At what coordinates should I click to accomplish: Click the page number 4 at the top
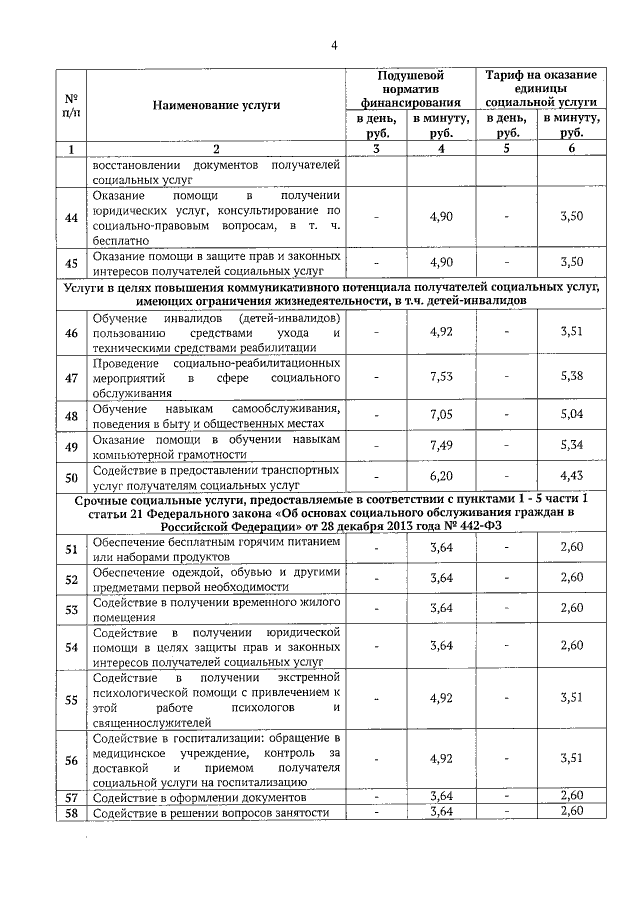click(335, 45)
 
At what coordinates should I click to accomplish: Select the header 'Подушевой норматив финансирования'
click(411, 88)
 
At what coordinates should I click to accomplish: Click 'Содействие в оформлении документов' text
click(199, 797)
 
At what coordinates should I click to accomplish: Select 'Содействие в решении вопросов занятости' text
click(211, 813)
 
